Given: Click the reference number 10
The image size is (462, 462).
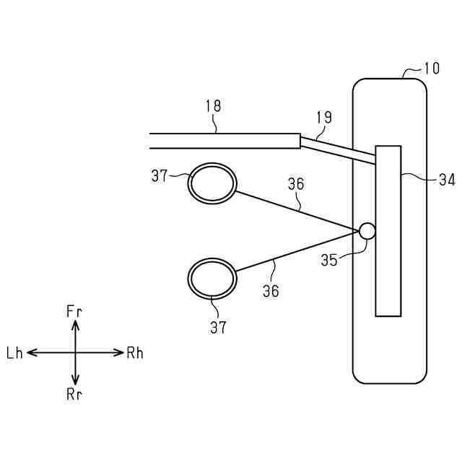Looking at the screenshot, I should pos(431,69).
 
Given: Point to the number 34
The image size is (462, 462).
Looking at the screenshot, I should pos(447,180).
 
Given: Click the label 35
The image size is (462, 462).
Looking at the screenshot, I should pos(329,260).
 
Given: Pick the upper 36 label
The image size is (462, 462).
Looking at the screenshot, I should pos(296,184).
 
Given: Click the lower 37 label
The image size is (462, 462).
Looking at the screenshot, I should pos(218,327).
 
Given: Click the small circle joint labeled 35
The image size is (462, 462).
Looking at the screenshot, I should pos(367,231).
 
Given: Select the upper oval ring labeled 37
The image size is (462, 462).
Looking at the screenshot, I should pos(212,183).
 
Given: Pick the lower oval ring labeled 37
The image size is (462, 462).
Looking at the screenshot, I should pos(212,277).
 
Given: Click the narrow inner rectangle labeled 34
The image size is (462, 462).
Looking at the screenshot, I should pos(388,230).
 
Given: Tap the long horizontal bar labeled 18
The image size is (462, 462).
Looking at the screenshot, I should pos(224,141).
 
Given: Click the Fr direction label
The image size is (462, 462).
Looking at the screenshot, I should pos(75,311).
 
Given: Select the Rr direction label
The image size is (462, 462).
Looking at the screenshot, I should pos(75,393).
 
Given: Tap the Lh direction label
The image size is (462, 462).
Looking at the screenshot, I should pos(15,353).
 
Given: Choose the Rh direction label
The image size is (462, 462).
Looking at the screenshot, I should pos(135,353).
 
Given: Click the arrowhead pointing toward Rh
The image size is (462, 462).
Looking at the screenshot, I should pos(120,352).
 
